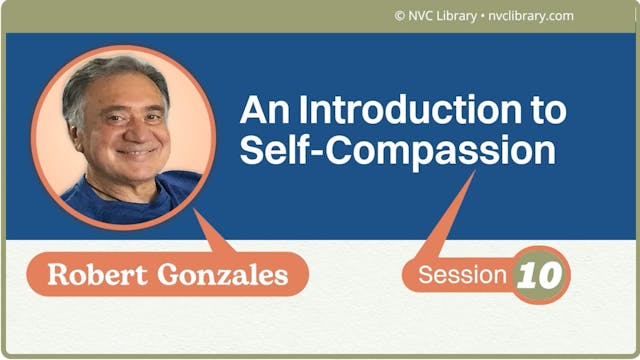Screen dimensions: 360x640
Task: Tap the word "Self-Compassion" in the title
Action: [397, 151]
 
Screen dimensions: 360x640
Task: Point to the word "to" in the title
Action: [547, 109]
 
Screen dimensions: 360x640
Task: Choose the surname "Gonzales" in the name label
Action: [225, 271]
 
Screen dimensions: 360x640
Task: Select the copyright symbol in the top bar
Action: [400, 16]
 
